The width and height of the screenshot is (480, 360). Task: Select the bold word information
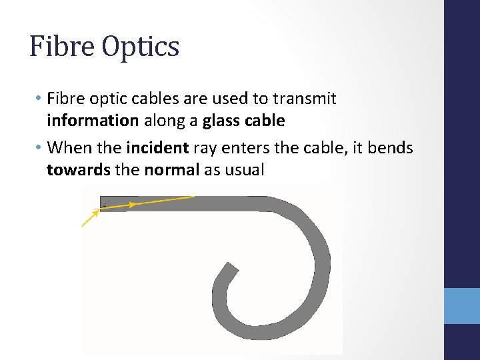click(x=93, y=121)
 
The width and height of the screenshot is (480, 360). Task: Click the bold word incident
click(x=157, y=148)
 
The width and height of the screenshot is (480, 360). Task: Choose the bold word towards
click(x=79, y=169)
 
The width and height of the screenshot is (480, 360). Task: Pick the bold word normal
click(x=171, y=169)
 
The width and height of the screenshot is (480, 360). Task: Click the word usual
click(x=244, y=169)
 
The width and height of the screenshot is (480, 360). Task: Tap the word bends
click(x=390, y=148)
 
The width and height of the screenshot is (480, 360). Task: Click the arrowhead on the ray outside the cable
click(x=93, y=215)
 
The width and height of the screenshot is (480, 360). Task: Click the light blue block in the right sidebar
click(x=461, y=306)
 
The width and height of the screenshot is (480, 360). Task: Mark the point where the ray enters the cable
click(x=101, y=209)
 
